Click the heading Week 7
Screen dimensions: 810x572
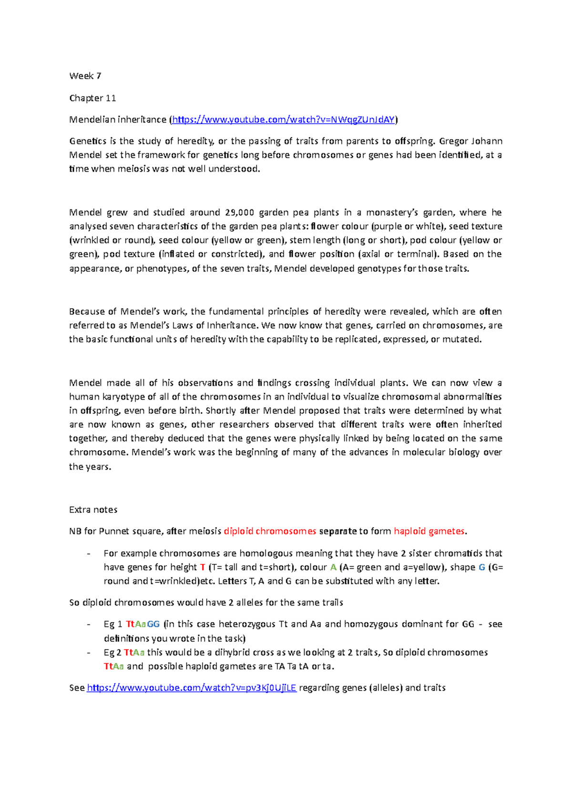85,76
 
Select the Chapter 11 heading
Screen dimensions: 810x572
92,98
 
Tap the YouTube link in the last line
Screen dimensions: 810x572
192,687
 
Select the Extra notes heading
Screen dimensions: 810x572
93,509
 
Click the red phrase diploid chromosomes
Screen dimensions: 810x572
270,531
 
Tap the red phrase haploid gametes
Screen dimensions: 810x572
429,531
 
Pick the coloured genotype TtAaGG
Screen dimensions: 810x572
143,624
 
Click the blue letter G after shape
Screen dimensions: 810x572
481,567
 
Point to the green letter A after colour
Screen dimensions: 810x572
333,567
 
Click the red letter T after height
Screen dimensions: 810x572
203,567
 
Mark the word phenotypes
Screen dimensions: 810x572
162,269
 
